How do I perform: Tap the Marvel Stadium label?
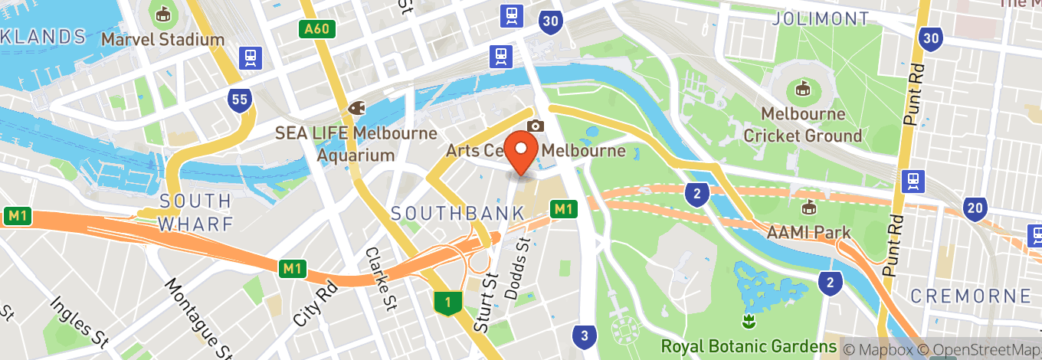click(162, 39)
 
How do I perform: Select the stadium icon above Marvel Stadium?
click(162, 14)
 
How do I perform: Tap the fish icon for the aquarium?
click(356, 109)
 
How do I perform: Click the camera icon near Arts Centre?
click(536, 126)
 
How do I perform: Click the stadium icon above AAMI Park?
click(808, 207)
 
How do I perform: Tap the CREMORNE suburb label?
click(971, 296)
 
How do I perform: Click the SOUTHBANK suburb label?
click(457, 214)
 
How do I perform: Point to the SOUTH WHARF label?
click(195, 212)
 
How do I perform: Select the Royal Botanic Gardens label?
click(749, 346)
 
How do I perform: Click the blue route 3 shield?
click(585, 335)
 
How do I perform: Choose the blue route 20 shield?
click(975, 208)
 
